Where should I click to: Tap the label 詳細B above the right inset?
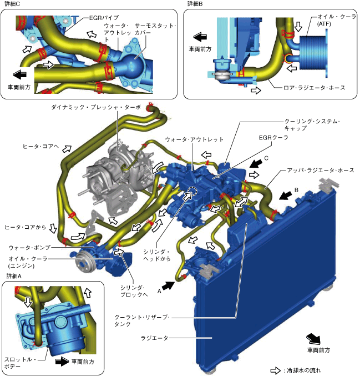point(196,4)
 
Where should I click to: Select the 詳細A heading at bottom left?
point(14,275)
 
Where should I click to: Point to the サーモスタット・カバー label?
point(161,29)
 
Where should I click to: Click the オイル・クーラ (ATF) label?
point(332,21)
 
